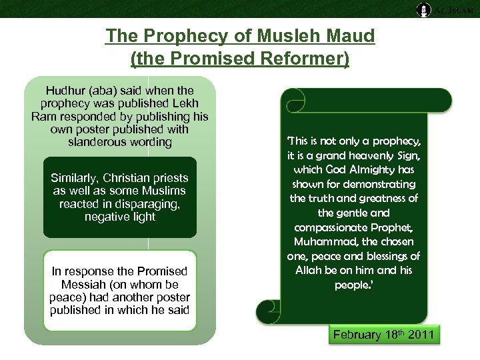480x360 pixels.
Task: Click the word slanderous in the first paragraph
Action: tap(94, 142)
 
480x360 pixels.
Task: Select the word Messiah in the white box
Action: tap(77, 284)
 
